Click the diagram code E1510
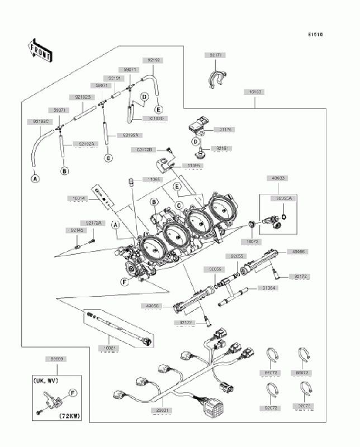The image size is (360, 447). [315, 35]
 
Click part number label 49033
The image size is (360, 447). [278, 178]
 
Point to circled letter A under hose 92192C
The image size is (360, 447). [35, 179]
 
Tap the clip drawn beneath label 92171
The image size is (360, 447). [217, 78]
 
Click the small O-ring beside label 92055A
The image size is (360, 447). [285, 217]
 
